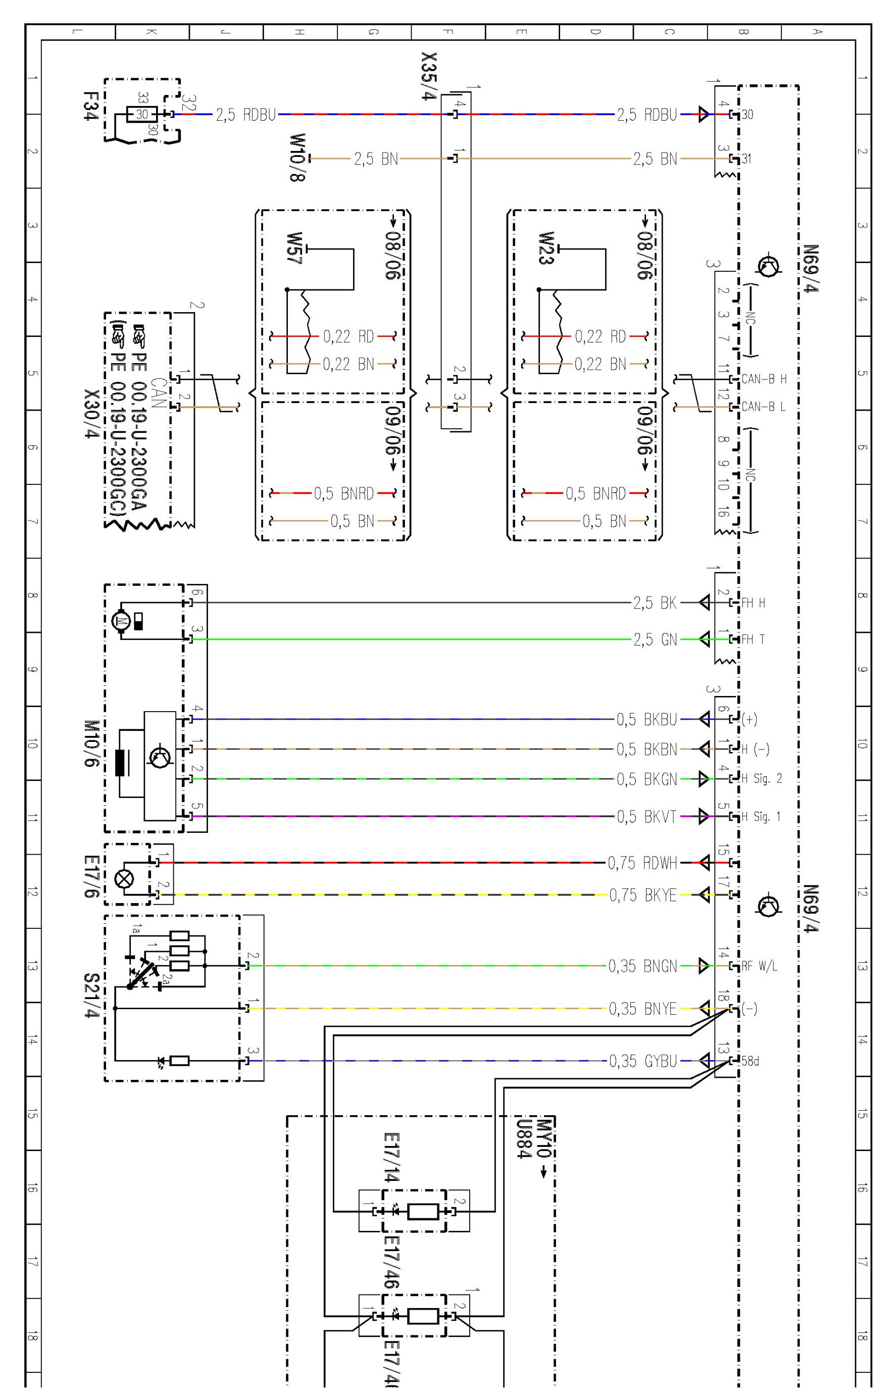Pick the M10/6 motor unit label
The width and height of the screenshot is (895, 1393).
91,743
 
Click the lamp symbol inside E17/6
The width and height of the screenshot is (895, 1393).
124,879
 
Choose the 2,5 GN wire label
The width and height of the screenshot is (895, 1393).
655,639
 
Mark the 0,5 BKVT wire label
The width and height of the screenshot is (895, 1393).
647,817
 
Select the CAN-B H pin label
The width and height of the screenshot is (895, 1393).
764,379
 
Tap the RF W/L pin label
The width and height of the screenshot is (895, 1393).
760,966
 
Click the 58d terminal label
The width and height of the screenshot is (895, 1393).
750,1061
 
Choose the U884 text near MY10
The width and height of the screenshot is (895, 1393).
524,1138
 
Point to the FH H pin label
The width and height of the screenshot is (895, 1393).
753,603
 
